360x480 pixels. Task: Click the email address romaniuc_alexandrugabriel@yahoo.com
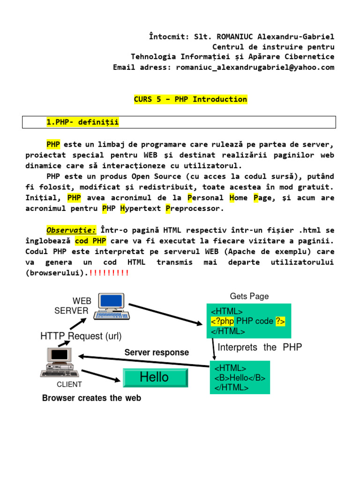[x=255, y=67]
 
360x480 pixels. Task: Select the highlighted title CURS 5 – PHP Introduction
[x=190, y=99]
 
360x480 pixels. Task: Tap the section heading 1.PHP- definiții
[x=82, y=122]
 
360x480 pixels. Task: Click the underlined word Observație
[x=71, y=230]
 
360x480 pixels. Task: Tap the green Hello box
[x=155, y=377]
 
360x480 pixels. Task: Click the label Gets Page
[x=249, y=296]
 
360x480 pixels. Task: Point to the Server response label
[x=157, y=352]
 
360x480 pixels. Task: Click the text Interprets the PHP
[x=260, y=347]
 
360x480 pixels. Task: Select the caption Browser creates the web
[x=91, y=398]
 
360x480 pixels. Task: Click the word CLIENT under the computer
[x=69, y=385]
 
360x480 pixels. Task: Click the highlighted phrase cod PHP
[x=90, y=241]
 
